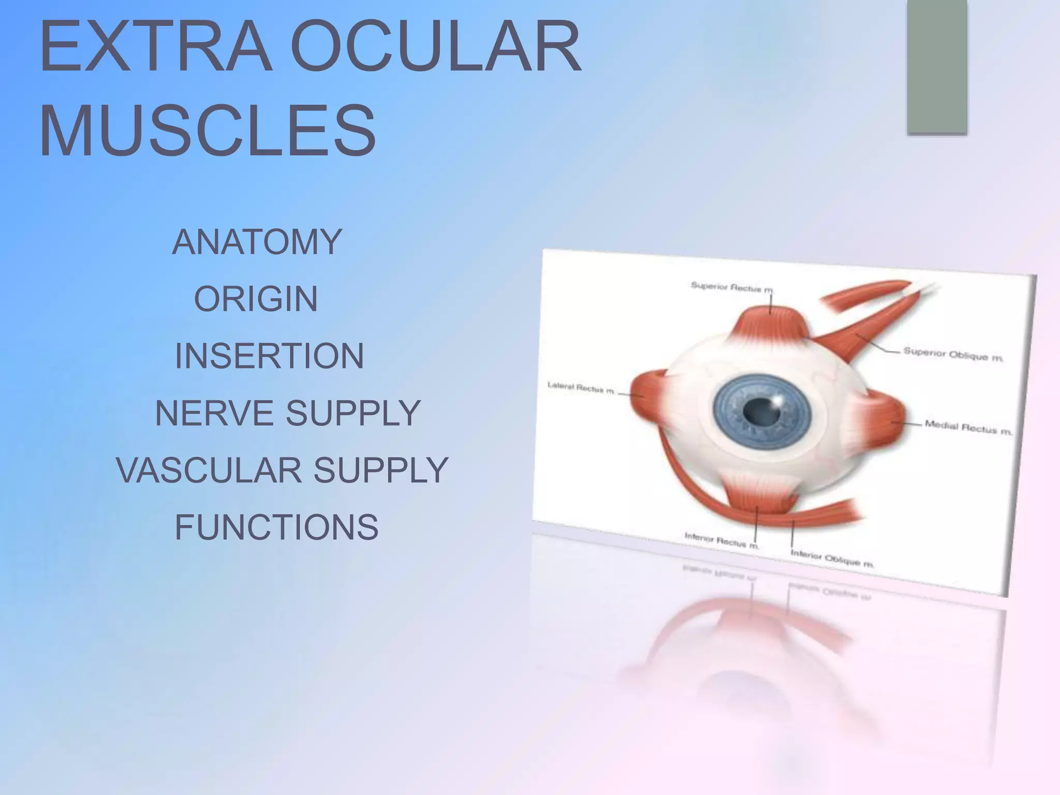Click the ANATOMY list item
257,242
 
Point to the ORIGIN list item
256,299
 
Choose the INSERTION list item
269,356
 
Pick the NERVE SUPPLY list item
288,413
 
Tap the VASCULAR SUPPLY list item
282,470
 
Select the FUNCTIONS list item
276,527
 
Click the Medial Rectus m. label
968,428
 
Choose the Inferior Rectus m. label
721,540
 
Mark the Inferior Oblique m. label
832,558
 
